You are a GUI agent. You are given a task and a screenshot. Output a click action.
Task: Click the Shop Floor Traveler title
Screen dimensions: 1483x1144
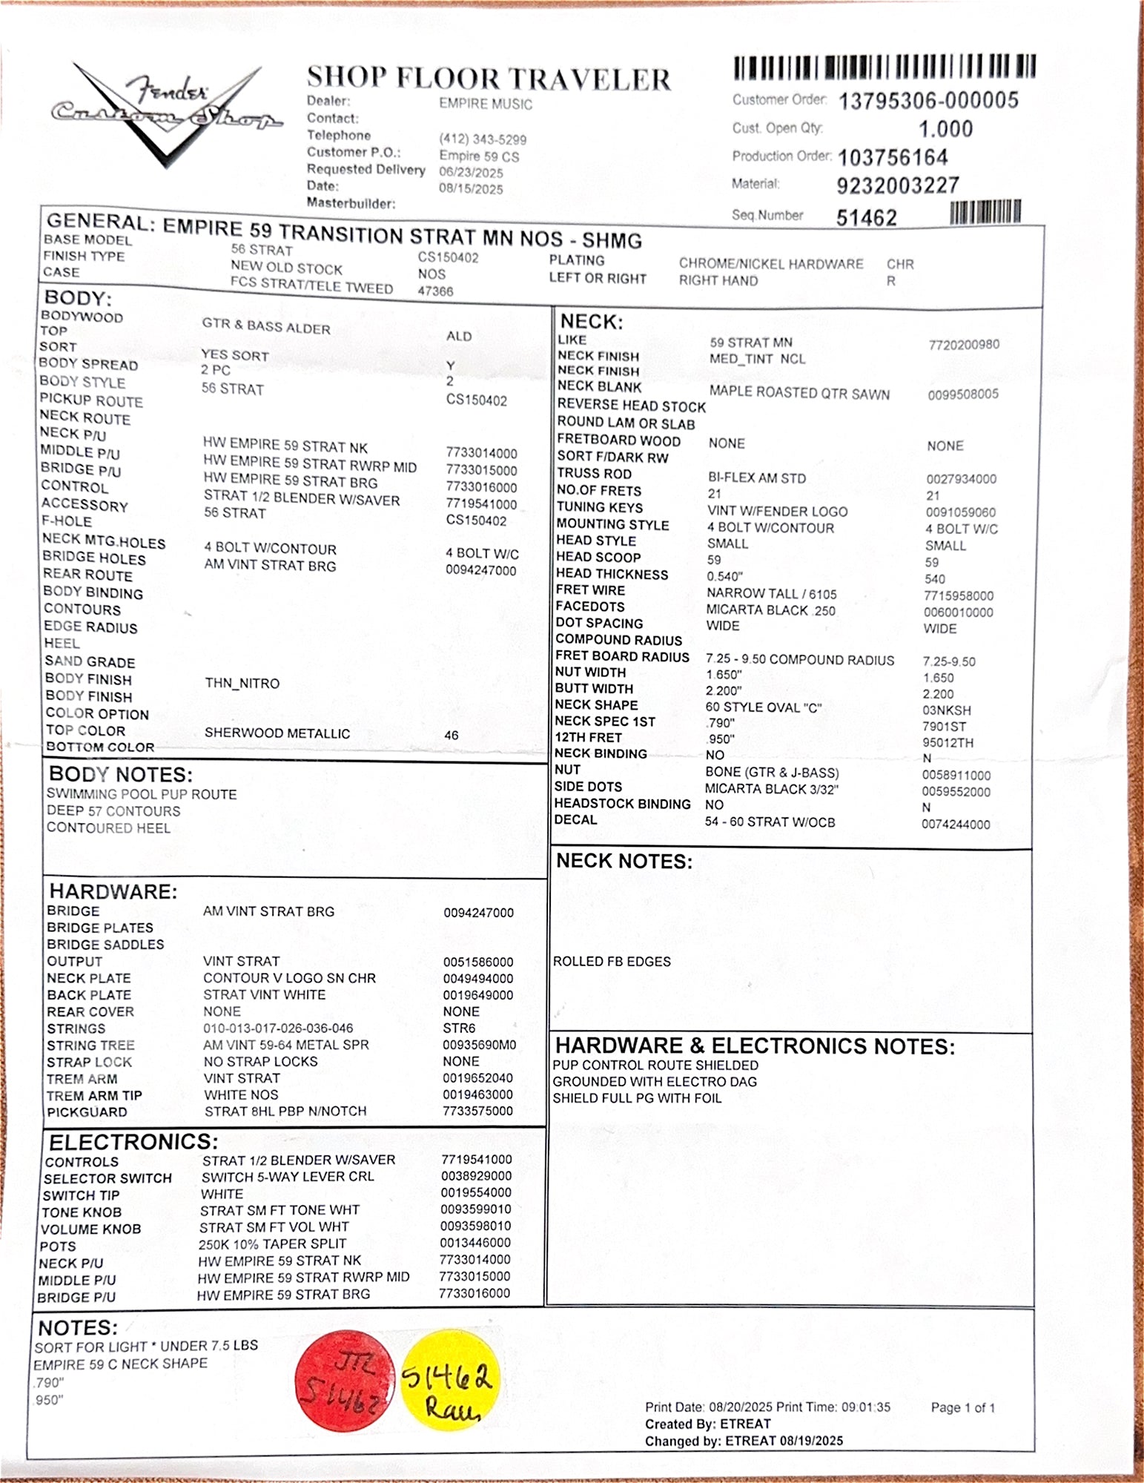tap(489, 79)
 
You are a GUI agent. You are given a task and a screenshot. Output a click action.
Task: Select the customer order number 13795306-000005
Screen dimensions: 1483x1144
tap(928, 101)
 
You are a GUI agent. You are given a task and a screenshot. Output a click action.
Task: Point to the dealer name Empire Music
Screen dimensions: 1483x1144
tap(485, 105)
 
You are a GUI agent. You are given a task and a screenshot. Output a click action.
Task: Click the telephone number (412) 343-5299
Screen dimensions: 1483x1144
tap(483, 139)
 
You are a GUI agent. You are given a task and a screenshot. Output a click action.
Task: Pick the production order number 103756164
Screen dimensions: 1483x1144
tap(893, 158)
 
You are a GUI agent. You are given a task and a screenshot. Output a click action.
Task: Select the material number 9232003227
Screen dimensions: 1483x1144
tap(898, 185)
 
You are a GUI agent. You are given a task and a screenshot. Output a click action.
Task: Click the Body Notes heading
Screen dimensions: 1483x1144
tap(121, 775)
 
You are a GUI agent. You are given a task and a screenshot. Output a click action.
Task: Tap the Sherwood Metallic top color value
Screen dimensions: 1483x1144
tap(277, 733)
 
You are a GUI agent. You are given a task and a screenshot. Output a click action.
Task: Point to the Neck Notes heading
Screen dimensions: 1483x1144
tap(624, 861)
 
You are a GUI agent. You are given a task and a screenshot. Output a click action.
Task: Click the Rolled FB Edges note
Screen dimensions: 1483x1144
tap(612, 961)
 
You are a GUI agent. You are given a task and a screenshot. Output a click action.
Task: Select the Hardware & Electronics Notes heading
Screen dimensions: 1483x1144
tap(755, 1046)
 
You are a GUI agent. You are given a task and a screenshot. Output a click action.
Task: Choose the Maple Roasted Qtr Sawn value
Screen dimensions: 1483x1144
tap(799, 394)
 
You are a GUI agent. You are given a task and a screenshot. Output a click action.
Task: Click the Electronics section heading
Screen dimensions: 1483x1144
tap(133, 1141)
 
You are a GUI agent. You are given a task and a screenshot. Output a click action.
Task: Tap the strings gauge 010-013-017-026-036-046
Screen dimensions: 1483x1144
tap(278, 1028)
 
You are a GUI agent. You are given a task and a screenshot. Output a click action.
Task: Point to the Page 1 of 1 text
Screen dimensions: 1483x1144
tap(962, 1407)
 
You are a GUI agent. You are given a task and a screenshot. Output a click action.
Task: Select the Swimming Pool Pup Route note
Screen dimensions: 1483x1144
tap(142, 794)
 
